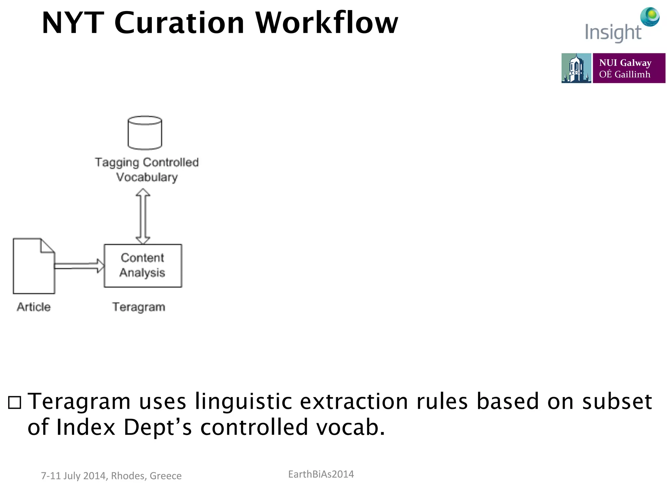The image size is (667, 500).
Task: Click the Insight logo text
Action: pos(613,33)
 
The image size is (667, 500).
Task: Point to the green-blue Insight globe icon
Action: pos(650,16)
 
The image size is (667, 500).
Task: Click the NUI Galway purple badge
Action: pos(629,68)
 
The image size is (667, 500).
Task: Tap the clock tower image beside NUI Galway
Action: pos(576,68)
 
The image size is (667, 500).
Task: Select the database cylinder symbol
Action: pos(145,132)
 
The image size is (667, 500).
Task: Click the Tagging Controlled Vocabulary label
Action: pos(147,170)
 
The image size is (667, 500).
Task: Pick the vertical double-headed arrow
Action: pos(143,216)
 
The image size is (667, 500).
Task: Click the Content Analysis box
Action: pos(143,266)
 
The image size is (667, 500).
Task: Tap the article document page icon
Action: pos(34,266)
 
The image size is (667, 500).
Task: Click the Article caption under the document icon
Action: pos(34,307)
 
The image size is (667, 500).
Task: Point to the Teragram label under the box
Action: pos(139,307)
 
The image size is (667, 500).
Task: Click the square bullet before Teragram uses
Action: pos(15,403)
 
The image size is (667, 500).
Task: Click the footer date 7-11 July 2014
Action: pos(74,476)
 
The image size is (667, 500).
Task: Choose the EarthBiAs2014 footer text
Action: pos(321,474)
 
